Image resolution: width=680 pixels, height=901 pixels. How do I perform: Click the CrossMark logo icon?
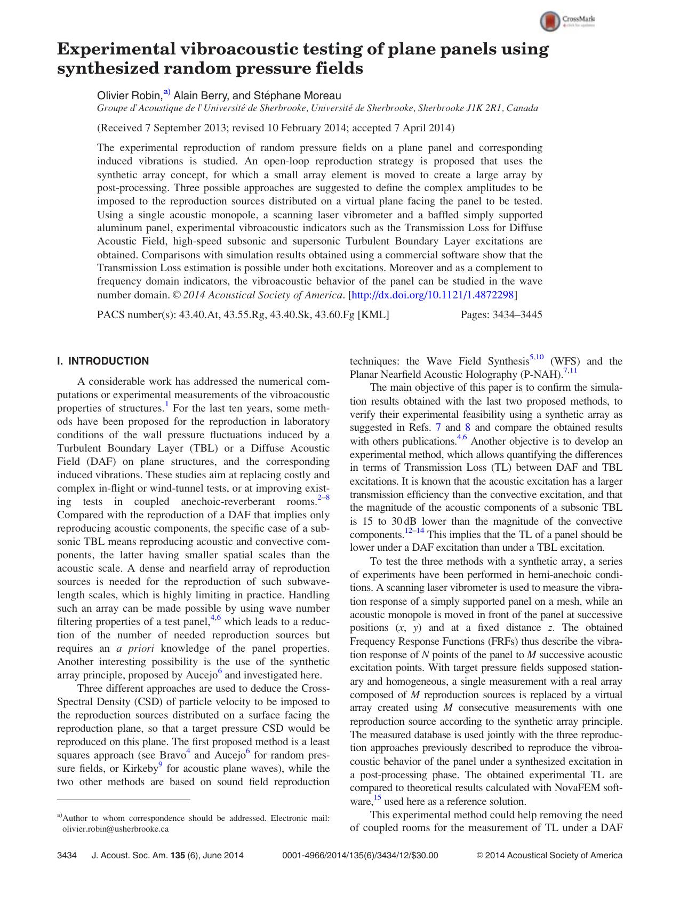pyautogui.click(x=550, y=22)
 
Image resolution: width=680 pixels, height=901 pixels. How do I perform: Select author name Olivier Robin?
pyautogui.click(x=129, y=96)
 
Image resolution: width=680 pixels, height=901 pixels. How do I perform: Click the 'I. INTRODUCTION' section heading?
pyautogui.click(x=103, y=361)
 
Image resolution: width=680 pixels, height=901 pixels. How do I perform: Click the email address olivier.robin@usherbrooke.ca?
pyautogui.click(x=116, y=829)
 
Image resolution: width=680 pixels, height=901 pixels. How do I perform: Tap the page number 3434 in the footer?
pyautogui.click(x=67, y=856)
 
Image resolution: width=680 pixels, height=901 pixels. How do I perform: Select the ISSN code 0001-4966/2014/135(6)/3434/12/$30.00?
pyautogui.click(x=359, y=856)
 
